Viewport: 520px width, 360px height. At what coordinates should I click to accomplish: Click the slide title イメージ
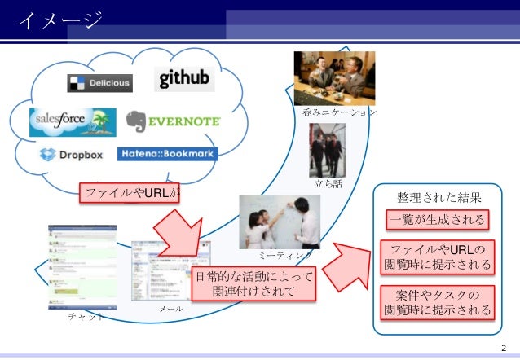tap(59, 19)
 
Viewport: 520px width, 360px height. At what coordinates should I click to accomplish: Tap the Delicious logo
tap(99, 83)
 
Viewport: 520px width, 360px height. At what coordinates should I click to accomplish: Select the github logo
tap(184, 78)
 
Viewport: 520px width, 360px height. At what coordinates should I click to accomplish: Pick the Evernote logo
tap(174, 121)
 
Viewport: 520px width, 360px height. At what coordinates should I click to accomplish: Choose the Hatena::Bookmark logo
tap(167, 154)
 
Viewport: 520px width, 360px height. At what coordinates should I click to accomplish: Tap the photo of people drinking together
tap(334, 78)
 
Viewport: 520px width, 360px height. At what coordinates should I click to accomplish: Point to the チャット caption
tap(86, 317)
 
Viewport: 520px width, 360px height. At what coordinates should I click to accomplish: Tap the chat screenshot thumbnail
tap(82, 268)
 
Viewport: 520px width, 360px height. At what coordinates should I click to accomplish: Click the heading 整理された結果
tap(438, 198)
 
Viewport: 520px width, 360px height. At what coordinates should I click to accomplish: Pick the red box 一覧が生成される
tap(438, 220)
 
